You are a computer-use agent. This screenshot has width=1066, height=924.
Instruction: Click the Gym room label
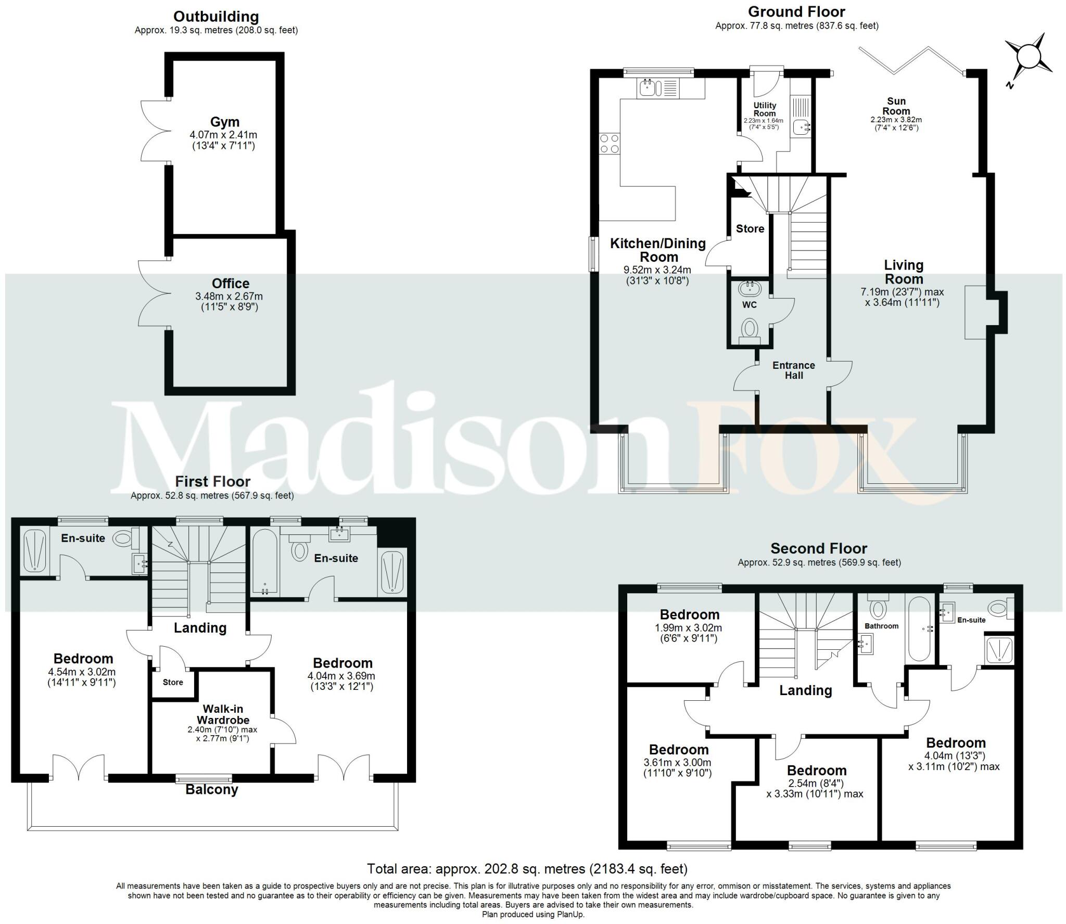pos(225,122)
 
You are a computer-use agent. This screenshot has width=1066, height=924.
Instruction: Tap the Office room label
pos(230,284)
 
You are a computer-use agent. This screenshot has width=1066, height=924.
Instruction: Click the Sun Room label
pos(896,106)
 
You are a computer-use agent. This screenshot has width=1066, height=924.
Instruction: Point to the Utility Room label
pos(765,109)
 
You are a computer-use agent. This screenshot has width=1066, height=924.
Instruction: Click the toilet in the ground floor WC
pos(750,329)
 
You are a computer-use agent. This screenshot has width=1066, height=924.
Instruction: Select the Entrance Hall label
pos(794,370)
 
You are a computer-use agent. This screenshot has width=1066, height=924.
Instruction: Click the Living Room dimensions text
pos(902,297)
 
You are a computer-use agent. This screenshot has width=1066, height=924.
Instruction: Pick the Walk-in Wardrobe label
pos(223,714)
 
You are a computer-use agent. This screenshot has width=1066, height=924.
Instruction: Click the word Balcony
pos(212,790)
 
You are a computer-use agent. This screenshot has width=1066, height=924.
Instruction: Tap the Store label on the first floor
pos(173,682)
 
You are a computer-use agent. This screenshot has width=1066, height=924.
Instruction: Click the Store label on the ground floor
pos(750,228)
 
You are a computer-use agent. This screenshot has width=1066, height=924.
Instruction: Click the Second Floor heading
pos(819,548)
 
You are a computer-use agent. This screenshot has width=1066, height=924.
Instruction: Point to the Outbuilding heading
pos(216,17)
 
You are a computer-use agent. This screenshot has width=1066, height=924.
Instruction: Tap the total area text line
pos(527,869)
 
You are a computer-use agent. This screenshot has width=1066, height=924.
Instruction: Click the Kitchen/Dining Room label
pos(658,250)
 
